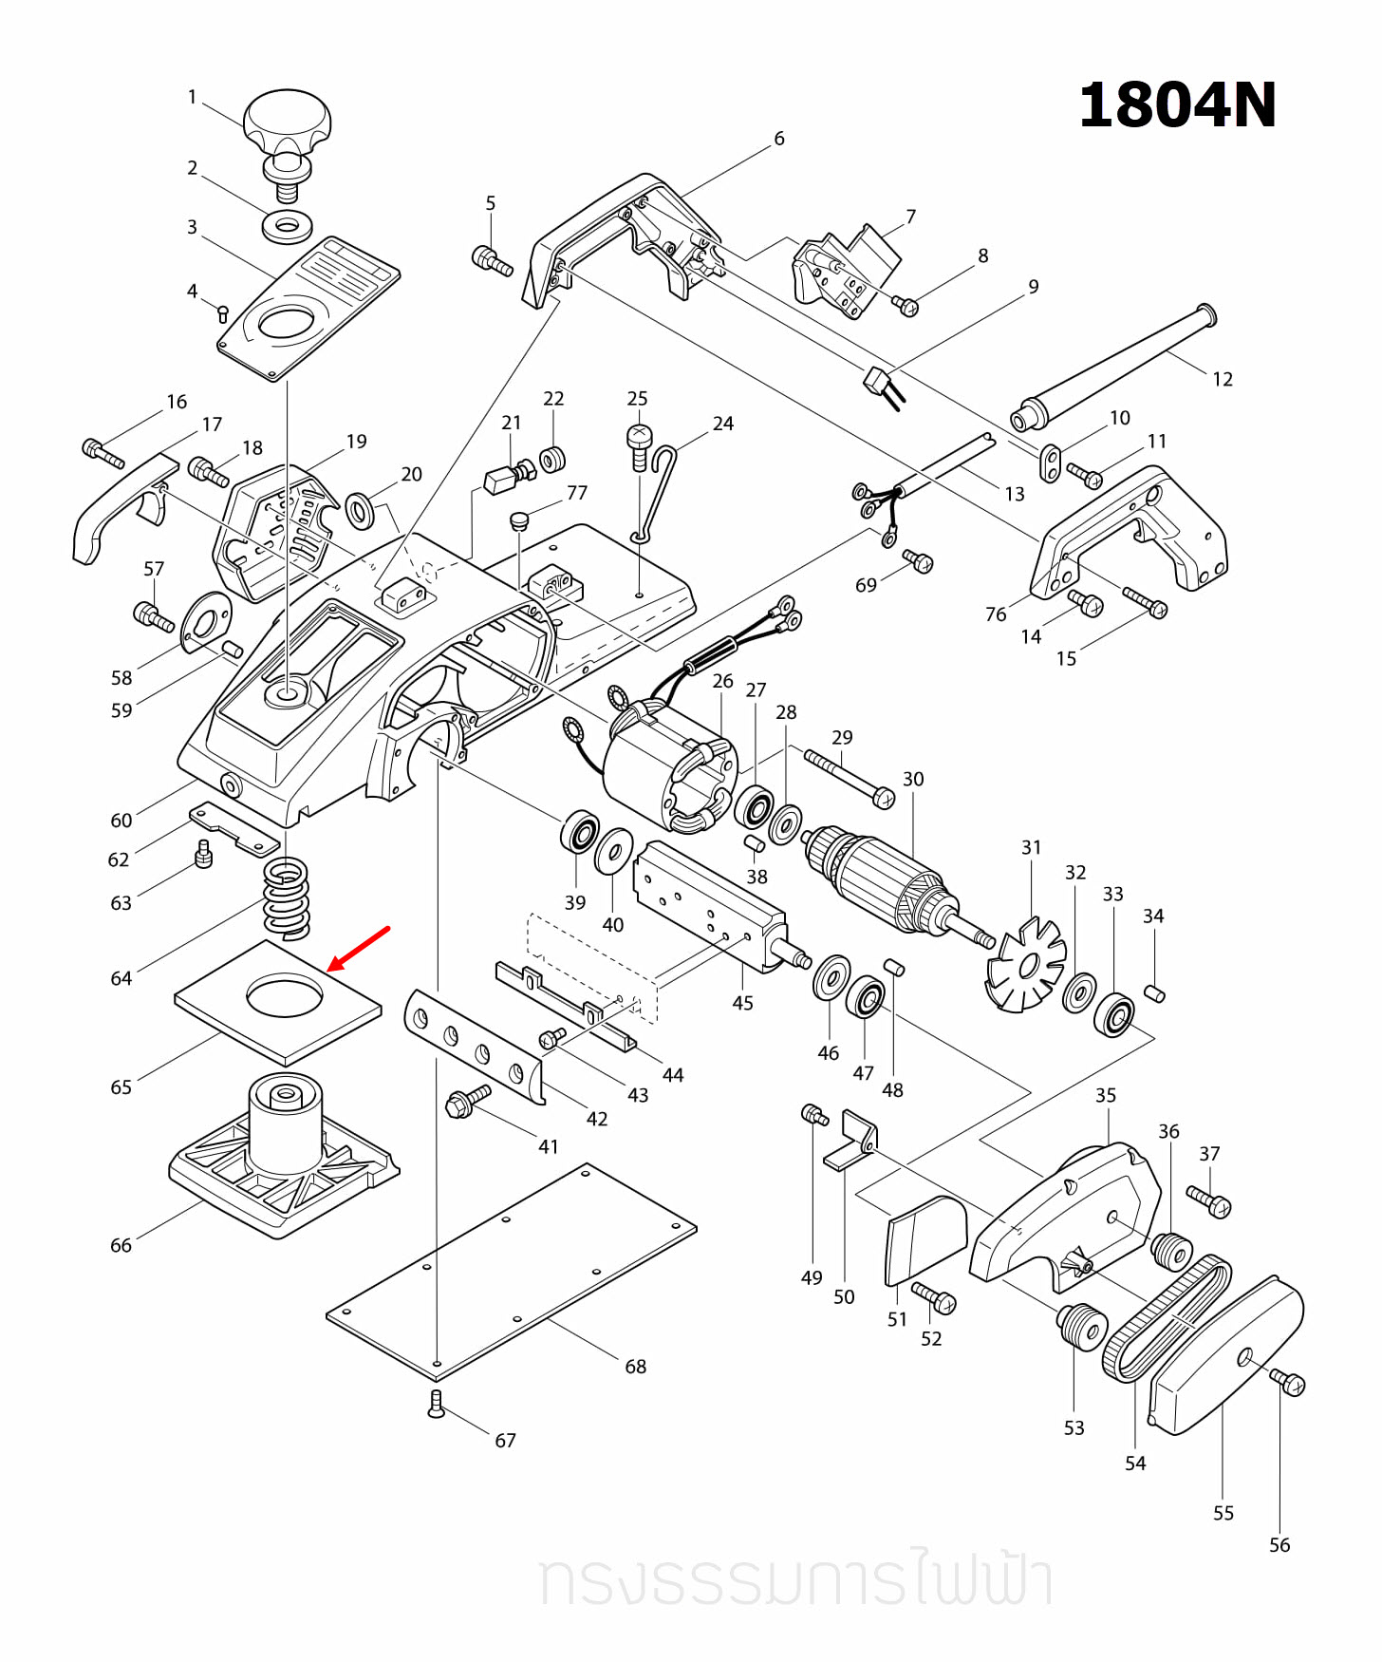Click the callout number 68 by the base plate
[x=635, y=1366]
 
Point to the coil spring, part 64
[x=286, y=897]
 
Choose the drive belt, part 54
[x=1164, y=1316]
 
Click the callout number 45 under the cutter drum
[x=742, y=1003]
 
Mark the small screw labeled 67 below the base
[x=436, y=1404]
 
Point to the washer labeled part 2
[x=288, y=227]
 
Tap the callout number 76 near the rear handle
[x=995, y=614]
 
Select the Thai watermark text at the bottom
[x=795, y=1580]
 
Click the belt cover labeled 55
[x=1224, y=1358]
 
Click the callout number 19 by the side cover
[x=356, y=442]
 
